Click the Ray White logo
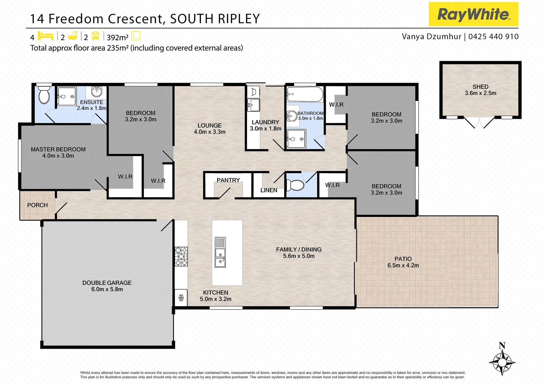[x=473, y=14]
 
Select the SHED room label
[x=480, y=87]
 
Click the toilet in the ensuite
[x=44, y=94]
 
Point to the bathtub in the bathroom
[x=305, y=95]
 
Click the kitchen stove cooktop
[x=181, y=256]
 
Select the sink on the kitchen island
[x=220, y=252]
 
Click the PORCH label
[x=37, y=205]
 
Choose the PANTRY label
[x=228, y=180]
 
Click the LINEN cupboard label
[x=269, y=190]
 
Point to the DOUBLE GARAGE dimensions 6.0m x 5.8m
[x=107, y=289]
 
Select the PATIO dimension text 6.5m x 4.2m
[x=403, y=266]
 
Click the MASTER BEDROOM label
[x=58, y=149]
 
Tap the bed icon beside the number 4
[x=46, y=36]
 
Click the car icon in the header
[x=95, y=36]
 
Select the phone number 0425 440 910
[x=493, y=37]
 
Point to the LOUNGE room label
[x=209, y=126]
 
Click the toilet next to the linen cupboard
[x=295, y=185]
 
